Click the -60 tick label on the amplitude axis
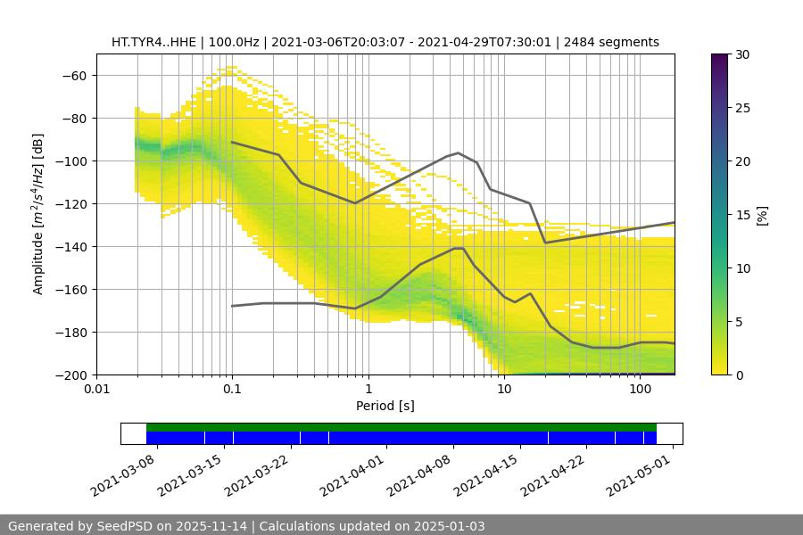click(x=75, y=75)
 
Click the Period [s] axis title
click(x=385, y=406)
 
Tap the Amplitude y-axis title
click(x=38, y=214)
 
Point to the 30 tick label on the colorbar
click(x=741, y=54)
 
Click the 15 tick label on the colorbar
click(x=741, y=215)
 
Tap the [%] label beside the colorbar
click(x=762, y=215)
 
